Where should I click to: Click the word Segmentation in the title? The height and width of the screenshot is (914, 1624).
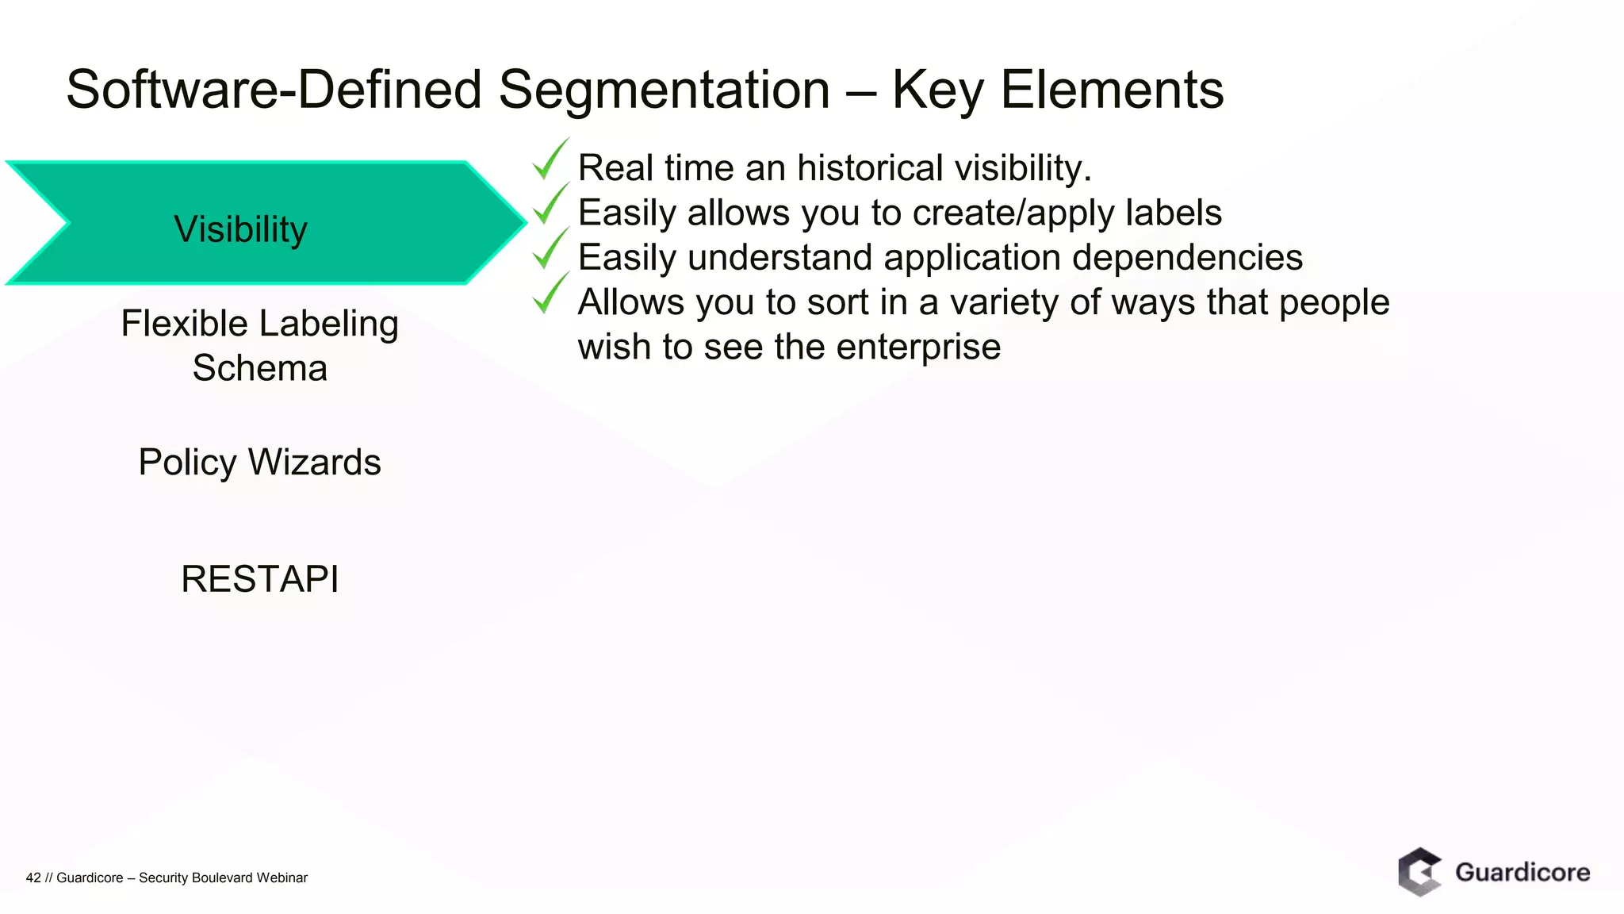664,90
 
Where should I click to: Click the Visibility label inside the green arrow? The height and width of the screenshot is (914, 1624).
240,229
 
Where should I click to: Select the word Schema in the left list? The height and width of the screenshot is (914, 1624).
259,368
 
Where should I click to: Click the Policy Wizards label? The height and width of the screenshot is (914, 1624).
259,462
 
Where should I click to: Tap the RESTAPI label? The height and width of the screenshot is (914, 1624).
259,578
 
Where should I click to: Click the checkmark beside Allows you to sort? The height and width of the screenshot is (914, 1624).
549,294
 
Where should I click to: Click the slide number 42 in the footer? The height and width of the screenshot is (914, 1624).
33,878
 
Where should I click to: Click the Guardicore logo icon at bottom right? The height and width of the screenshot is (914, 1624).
1419,872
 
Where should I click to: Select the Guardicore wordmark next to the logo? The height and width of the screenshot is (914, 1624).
1522,872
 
